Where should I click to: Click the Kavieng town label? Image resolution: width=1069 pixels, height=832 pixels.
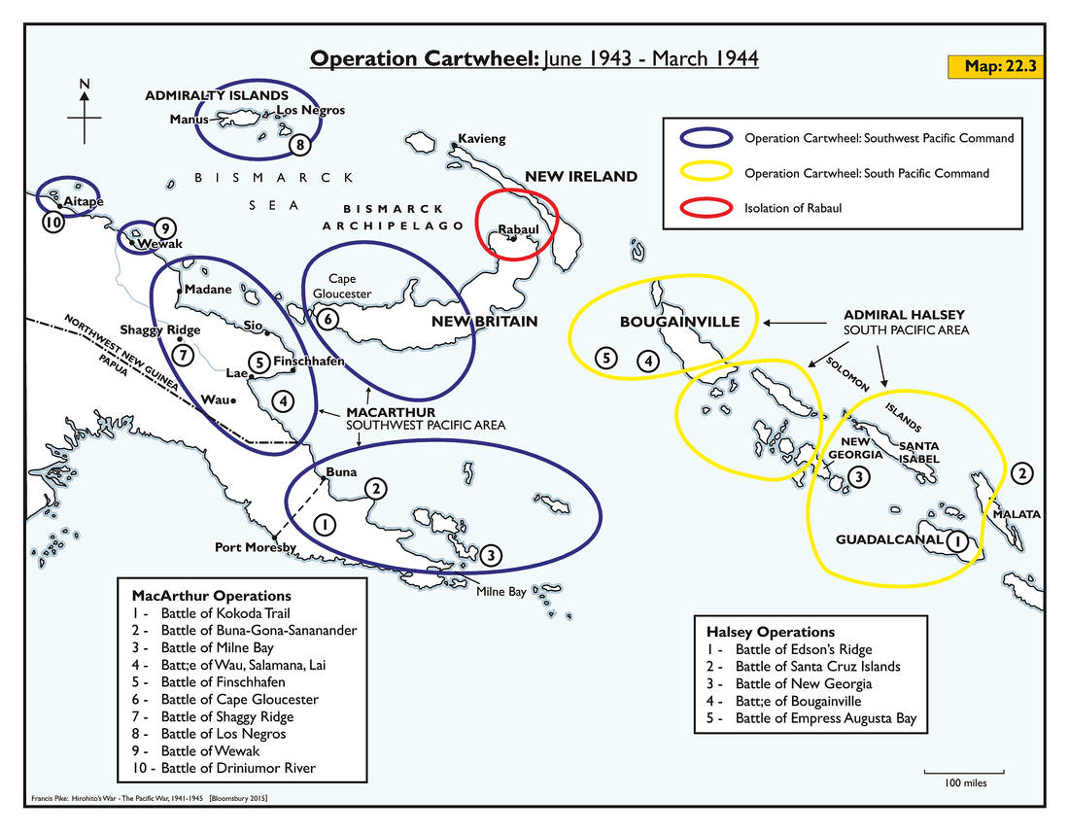pyautogui.click(x=482, y=139)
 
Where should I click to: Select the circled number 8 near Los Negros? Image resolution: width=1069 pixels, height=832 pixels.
pyautogui.click(x=301, y=146)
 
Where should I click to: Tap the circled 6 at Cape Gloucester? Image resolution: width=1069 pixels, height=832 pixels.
pyautogui.click(x=328, y=318)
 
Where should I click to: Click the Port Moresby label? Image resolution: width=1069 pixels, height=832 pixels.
pyautogui.click(x=255, y=547)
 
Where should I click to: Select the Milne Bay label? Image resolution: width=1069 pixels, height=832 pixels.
pyautogui.click(x=500, y=592)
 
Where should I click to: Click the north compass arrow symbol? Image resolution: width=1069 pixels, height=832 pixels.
pyautogui.click(x=85, y=113)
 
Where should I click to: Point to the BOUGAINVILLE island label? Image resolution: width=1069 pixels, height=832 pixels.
pyautogui.click(x=680, y=322)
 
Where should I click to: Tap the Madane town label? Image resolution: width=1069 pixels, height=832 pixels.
pyautogui.click(x=208, y=290)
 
